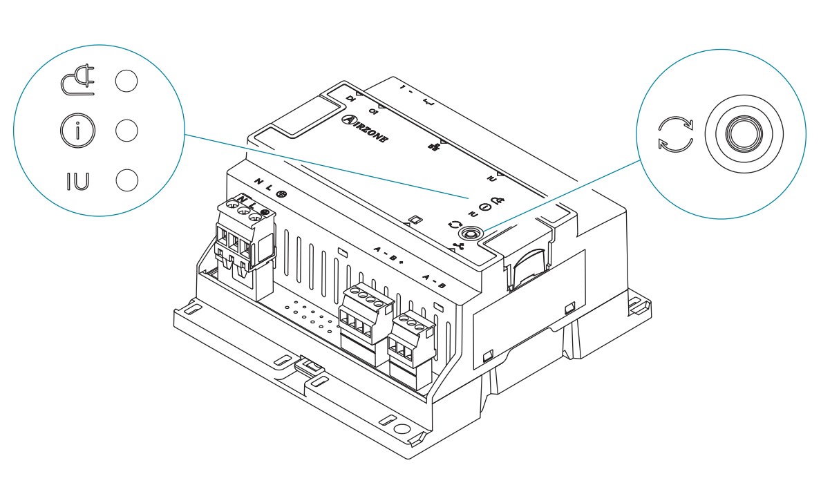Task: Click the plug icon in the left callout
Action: coord(77,82)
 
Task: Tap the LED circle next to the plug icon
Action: coord(126,81)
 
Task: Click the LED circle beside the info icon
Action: coord(126,131)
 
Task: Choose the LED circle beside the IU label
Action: coord(126,180)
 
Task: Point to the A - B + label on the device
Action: coord(388,256)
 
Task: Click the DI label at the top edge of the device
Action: coord(351,100)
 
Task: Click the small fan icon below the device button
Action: coord(457,245)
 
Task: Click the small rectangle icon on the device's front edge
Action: coord(415,220)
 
